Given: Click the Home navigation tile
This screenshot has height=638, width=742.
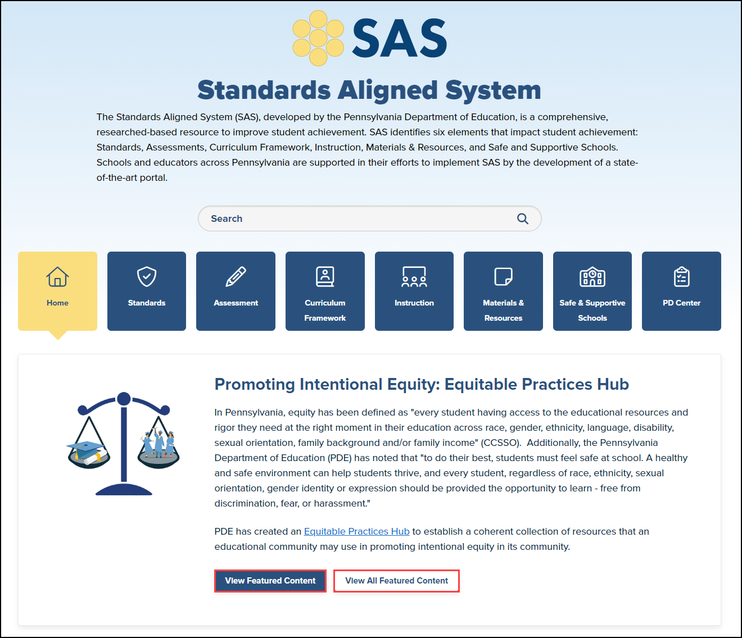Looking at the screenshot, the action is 57,291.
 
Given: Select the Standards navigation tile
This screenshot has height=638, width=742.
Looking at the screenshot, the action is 147,291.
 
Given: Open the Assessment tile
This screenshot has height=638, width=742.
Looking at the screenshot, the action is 236,291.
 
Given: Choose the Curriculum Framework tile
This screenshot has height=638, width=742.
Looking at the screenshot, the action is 325,291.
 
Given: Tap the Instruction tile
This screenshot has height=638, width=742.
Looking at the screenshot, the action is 414,291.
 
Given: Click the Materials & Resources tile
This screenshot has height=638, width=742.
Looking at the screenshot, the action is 503,291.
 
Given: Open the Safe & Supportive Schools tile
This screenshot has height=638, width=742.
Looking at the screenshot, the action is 592,291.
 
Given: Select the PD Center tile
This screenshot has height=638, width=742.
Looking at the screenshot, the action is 681,291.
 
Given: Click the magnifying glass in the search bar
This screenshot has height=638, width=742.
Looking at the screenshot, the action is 523,218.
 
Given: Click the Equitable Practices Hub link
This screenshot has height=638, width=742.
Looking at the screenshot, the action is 356,531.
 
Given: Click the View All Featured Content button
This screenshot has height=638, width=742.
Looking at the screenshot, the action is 396,581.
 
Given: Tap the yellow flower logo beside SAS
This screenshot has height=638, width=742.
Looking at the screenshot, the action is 318,38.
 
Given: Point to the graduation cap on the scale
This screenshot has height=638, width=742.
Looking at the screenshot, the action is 85,449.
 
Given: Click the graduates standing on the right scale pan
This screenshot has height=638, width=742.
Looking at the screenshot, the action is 158,444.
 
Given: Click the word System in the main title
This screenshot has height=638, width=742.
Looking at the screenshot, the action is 493,90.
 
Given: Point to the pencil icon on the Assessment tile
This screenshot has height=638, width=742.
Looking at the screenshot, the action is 236,276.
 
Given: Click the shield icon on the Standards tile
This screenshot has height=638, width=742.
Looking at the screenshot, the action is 147,276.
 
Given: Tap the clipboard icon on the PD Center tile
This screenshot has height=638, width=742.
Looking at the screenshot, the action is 681,276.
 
